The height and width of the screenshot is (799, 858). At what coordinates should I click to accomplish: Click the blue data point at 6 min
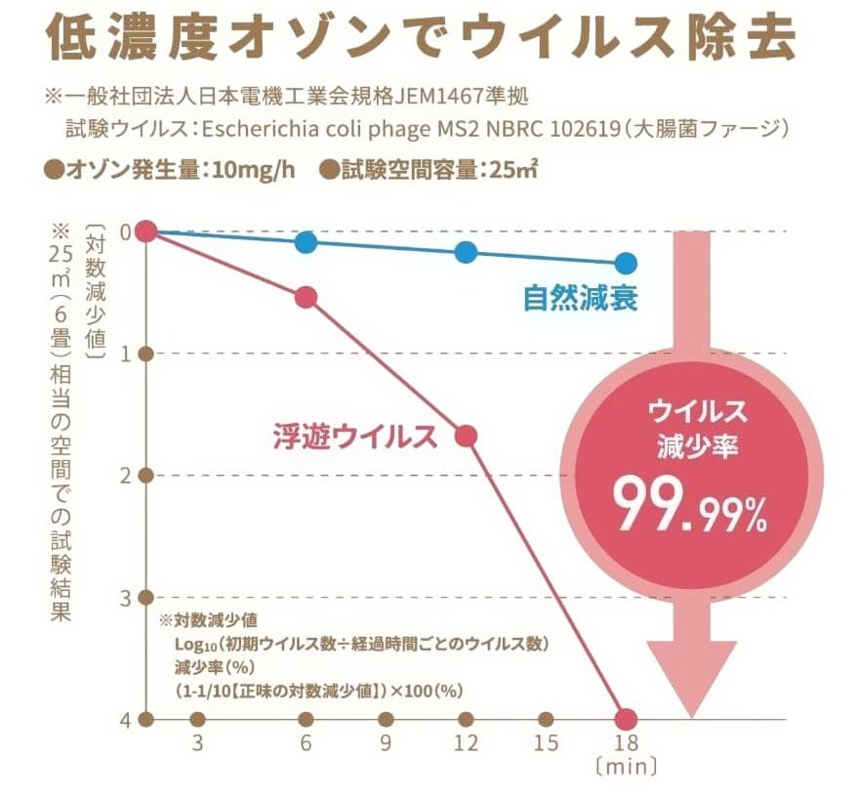[x=306, y=242]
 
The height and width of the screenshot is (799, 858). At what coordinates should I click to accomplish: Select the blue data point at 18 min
[x=626, y=263]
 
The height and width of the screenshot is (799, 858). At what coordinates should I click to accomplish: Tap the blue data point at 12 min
[x=467, y=252]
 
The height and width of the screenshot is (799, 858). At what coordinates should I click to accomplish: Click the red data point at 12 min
[x=467, y=436]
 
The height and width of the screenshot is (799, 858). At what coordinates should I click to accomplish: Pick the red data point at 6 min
[x=306, y=297]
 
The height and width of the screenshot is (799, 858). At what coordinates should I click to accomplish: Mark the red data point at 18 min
[x=626, y=719]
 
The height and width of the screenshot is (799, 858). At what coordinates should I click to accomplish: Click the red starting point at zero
[x=146, y=231]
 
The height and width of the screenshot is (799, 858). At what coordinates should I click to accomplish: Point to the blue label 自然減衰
[x=580, y=298]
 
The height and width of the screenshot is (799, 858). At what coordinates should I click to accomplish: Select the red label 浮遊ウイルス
[x=352, y=437]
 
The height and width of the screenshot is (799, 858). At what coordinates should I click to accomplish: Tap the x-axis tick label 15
[x=546, y=744]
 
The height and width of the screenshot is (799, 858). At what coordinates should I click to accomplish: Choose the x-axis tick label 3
[x=199, y=744]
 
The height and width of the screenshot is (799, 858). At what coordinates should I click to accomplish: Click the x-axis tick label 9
[x=387, y=744]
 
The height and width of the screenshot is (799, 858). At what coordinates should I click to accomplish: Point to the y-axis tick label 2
[x=123, y=476]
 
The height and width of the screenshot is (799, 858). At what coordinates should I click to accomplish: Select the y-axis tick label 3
[x=123, y=597]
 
